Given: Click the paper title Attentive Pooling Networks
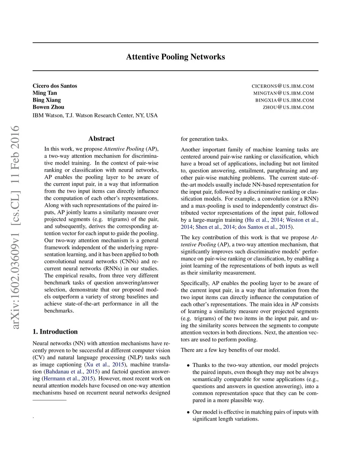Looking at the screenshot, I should tap(175, 57).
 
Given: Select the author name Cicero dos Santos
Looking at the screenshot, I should tap(55, 86).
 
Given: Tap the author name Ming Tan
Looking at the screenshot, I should tap(45, 93).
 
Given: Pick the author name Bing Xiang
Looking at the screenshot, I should tap(47, 100).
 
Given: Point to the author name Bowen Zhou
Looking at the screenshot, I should tap(49, 107).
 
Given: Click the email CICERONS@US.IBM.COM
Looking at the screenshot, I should tap(283, 86).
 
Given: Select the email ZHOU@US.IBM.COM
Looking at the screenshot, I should tap(288, 107).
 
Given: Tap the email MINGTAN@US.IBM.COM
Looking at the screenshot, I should tap(283, 93).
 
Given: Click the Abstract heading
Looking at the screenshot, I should tap(101, 139).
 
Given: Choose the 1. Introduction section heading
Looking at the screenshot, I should tap(55, 332).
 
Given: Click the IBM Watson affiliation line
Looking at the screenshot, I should tap(95, 115).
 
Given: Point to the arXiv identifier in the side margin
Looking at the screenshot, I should tap(15, 227).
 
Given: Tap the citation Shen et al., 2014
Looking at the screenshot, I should tap(211, 227).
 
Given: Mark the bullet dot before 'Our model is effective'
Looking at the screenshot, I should tap(189, 412).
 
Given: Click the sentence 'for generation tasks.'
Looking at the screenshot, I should tap(205, 139).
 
